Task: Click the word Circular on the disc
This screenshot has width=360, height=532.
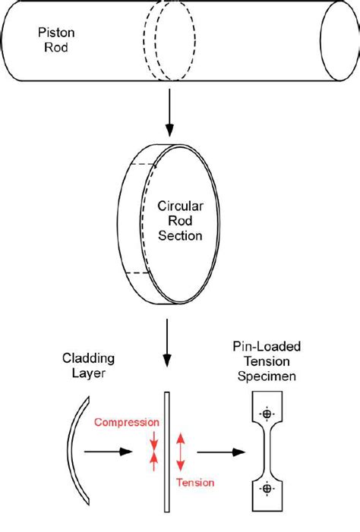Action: pos(179,206)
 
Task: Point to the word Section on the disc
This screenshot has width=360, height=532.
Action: pos(180,236)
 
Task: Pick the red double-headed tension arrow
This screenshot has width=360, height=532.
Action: pos(179,453)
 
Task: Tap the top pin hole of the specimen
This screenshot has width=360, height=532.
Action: pos(267,414)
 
